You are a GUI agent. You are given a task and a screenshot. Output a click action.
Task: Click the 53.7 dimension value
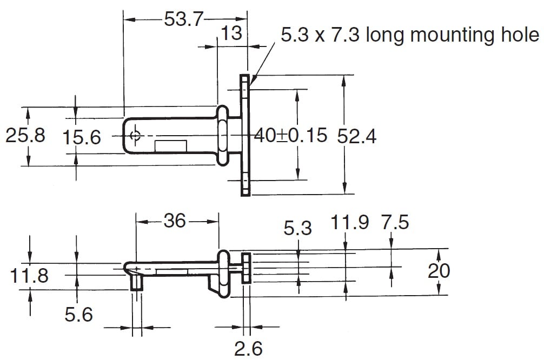coord(183,19)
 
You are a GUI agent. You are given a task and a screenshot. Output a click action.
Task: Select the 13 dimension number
coord(231,34)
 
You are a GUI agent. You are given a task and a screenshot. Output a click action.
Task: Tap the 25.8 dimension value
coord(25,135)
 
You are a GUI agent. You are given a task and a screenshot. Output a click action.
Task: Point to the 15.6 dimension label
coord(82,137)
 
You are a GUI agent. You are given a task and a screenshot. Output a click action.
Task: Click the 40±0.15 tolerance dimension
coord(291,135)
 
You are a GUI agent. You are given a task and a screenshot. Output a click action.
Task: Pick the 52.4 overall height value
coord(357,136)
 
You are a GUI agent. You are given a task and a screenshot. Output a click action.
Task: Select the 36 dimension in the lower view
coord(175,221)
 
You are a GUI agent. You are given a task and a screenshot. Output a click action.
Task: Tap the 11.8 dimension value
coord(29,276)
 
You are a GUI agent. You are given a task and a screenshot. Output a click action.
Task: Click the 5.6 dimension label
coord(79,315)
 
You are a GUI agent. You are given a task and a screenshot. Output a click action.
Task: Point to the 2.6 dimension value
coord(248,349)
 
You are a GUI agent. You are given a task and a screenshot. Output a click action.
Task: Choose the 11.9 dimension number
coord(350,222)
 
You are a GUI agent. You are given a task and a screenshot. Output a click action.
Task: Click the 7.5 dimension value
coord(395,222)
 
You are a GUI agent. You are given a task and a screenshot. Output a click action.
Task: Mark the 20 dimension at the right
coord(439,271)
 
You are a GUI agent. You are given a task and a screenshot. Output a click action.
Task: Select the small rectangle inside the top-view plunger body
coord(171,146)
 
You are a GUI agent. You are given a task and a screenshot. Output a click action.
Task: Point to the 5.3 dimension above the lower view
coord(297,228)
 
